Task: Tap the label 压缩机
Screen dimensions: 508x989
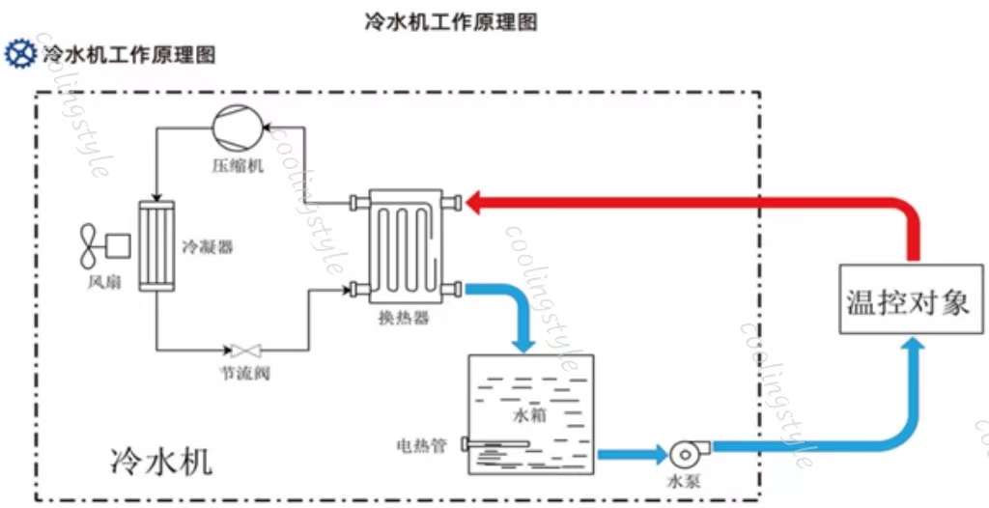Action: [238, 165]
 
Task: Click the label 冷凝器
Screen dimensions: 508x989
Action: [208, 246]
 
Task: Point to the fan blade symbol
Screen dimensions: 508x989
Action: [91, 246]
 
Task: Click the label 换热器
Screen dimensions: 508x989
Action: [405, 319]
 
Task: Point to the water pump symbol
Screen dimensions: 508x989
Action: [685, 451]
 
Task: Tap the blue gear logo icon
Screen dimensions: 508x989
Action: [19, 54]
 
